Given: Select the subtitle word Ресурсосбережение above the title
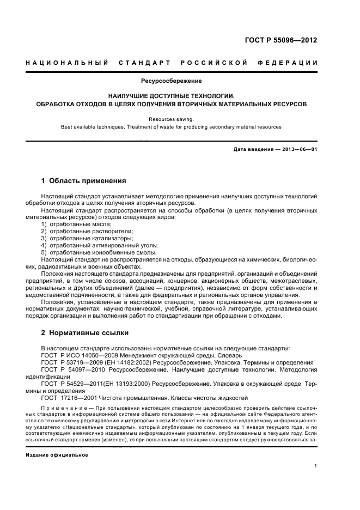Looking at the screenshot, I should coord(172,81).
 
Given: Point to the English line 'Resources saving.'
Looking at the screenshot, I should coord(172,118).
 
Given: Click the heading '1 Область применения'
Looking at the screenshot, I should coord(84,180).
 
